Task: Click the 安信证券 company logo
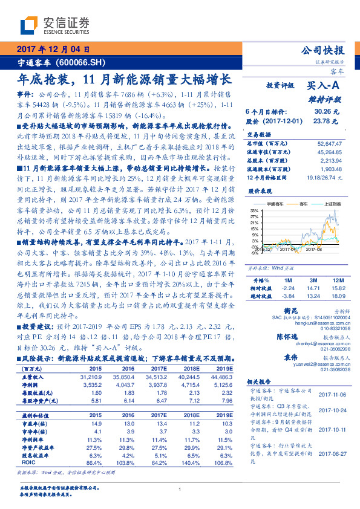tap(54, 25)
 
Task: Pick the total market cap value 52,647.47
tap(330, 144)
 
